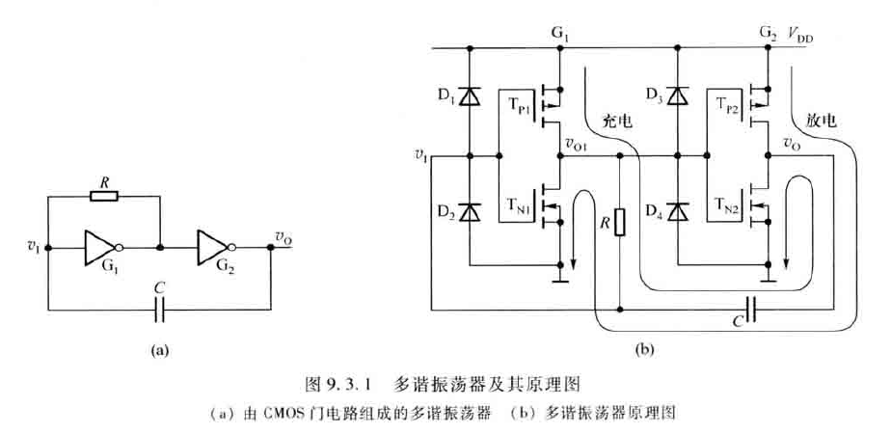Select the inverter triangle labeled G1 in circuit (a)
pyautogui.click(x=100, y=247)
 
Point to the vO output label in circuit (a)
pyautogui.click(x=283, y=235)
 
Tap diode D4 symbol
pyautogui.click(x=679, y=210)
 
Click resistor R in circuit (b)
pyautogui.click(x=619, y=224)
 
